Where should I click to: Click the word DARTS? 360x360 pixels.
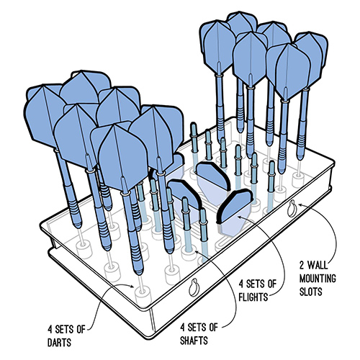coord(59,343)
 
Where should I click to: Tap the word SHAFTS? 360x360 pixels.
coord(194,341)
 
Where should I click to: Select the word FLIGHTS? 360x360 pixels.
coord(253,297)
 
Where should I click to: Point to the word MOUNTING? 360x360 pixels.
coord(318,279)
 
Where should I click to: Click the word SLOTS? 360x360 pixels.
coord(310,292)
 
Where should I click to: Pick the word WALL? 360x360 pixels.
coord(318,266)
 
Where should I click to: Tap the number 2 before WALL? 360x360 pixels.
coord(302,266)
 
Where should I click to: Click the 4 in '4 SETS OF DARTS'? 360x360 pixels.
coord(50,329)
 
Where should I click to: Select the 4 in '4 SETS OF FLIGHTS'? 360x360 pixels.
coord(241,284)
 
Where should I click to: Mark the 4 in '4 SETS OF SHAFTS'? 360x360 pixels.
coord(183,328)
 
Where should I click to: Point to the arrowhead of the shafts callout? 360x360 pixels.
coord(197,252)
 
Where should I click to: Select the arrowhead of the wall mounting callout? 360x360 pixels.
coord(300,204)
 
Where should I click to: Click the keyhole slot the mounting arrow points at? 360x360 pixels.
coord(292,209)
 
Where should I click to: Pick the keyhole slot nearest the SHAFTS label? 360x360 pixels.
coord(194,287)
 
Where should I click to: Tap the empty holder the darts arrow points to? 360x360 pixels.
coord(142,293)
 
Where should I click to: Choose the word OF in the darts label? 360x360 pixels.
coord(81,329)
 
